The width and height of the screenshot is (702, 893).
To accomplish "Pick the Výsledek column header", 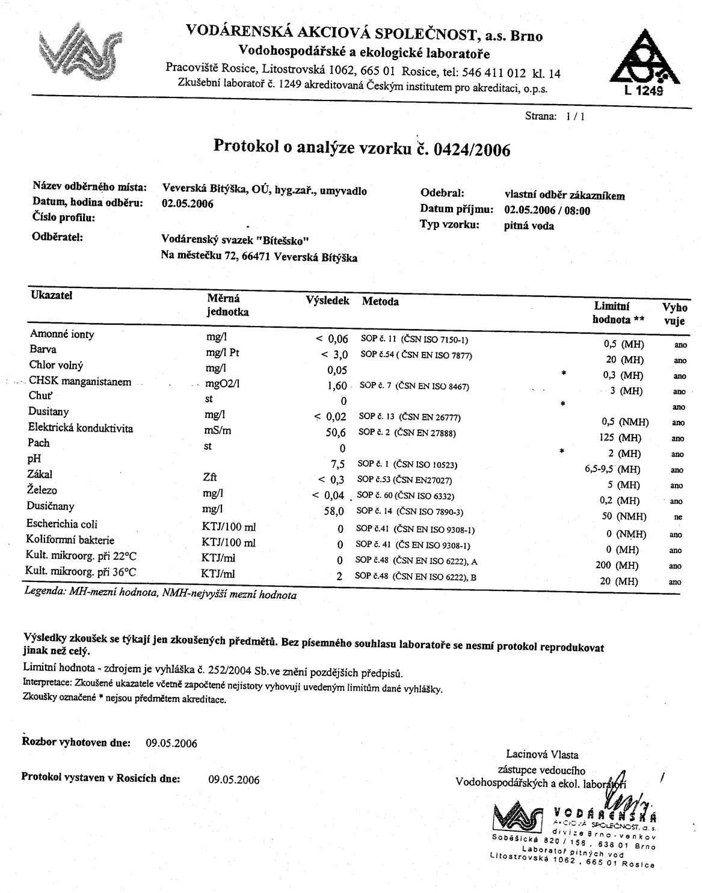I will click(327, 301).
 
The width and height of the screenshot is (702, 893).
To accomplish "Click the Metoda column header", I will click(380, 301).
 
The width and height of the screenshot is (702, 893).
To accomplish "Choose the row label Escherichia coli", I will click(62, 524).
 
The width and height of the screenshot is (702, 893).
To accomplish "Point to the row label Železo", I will click(43, 491).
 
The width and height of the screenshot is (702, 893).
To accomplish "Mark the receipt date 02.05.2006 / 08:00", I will click(547, 210).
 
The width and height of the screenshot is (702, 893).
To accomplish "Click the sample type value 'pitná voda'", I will click(529, 226).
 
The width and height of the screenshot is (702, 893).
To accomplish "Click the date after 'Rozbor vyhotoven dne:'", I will click(171, 743).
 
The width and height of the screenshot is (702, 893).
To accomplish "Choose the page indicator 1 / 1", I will click(575, 117).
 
